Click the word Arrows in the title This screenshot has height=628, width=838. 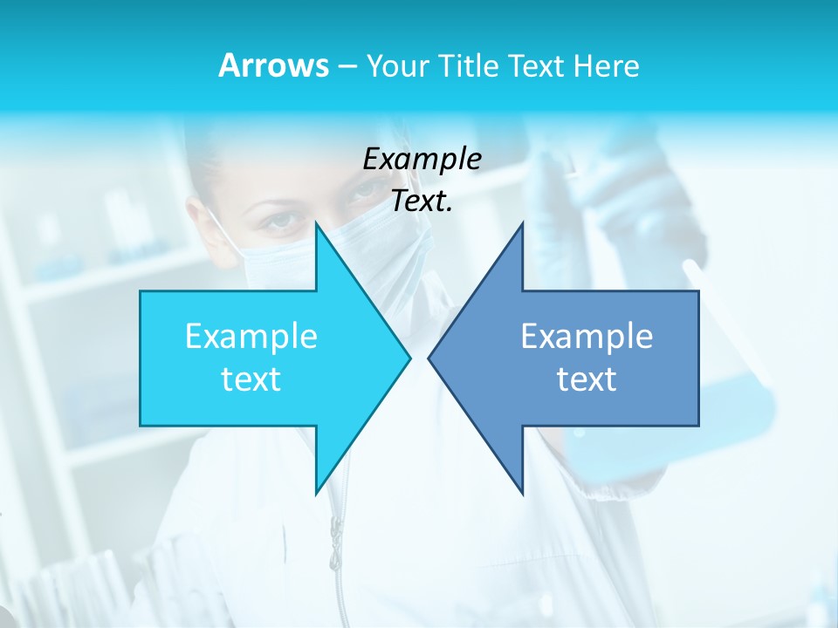pyautogui.click(x=273, y=65)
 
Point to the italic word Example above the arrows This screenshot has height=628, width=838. pyautogui.click(x=422, y=159)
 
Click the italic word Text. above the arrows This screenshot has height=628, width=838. pyautogui.click(x=422, y=201)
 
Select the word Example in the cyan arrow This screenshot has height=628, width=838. pyautogui.click(x=251, y=336)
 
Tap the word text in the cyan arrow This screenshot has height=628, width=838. pyautogui.click(x=251, y=379)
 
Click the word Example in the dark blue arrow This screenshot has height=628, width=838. pyautogui.click(x=587, y=336)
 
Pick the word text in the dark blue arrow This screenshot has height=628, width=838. pyautogui.click(x=587, y=379)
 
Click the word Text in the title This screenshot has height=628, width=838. pyautogui.click(x=538, y=66)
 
